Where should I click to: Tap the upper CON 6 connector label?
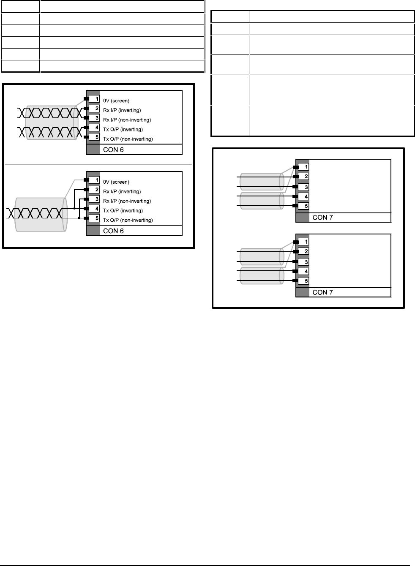(x=113, y=150)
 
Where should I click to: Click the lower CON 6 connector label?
(x=113, y=231)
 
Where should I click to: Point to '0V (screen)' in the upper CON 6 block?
(x=116, y=101)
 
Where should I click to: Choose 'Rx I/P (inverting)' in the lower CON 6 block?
(x=122, y=191)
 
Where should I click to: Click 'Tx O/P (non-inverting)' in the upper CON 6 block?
(x=128, y=139)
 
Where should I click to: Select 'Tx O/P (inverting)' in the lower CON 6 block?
(x=123, y=210)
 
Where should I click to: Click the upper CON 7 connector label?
(x=322, y=218)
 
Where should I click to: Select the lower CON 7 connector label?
(x=322, y=292)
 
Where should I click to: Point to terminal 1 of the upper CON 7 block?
(x=304, y=167)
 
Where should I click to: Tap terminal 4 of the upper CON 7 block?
(x=304, y=196)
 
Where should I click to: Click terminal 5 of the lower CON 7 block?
(x=304, y=281)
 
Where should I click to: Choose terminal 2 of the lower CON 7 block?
(x=304, y=251)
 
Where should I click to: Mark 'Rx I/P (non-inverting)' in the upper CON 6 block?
(x=127, y=120)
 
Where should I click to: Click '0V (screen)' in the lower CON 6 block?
(x=116, y=182)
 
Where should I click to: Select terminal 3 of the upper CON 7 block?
(x=304, y=187)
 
